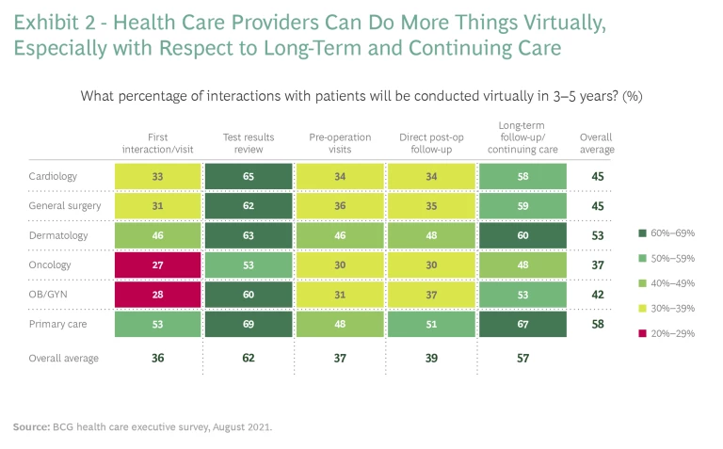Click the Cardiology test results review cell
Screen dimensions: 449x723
(249, 175)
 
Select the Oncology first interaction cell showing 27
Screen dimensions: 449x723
(158, 265)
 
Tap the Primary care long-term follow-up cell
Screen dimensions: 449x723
(522, 325)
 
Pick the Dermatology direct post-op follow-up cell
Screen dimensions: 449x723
(431, 235)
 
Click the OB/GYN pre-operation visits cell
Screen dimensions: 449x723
(340, 295)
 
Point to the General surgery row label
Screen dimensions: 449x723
(58, 205)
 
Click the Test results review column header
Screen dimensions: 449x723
(249, 143)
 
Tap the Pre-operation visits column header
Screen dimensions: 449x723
(340, 143)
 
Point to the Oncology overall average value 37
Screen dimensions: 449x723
(597, 265)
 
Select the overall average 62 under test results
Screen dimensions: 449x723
(249, 358)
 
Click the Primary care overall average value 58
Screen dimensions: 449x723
(597, 325)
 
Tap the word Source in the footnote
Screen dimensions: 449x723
(31, 426)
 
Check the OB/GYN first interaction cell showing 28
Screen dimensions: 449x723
(158, 295)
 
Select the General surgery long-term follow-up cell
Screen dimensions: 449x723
(522, 205)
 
